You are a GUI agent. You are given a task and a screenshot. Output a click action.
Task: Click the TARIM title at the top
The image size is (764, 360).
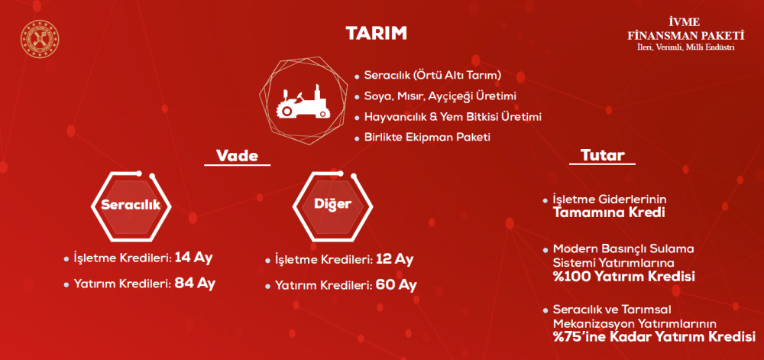[x=376, y=34]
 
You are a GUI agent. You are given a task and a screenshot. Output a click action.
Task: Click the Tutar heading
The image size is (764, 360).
[x=597, y=157]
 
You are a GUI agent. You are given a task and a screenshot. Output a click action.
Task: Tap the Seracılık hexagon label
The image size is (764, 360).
[x=131, y=205]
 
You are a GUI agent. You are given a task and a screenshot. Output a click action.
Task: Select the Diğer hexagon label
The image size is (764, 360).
[x=332, y=205]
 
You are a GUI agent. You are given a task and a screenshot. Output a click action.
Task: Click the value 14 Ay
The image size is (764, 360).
[x=193, y=257]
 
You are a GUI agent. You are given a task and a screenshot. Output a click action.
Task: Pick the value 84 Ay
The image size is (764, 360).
[x=195, y=283]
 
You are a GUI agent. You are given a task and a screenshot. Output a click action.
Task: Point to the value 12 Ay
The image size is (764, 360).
[x=394, y=259]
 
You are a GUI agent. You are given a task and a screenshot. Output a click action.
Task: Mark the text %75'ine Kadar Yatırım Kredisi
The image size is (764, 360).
[x=653, y=336]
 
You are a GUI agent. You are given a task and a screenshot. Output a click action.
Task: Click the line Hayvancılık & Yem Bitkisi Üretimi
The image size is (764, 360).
[x=452, y=117]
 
